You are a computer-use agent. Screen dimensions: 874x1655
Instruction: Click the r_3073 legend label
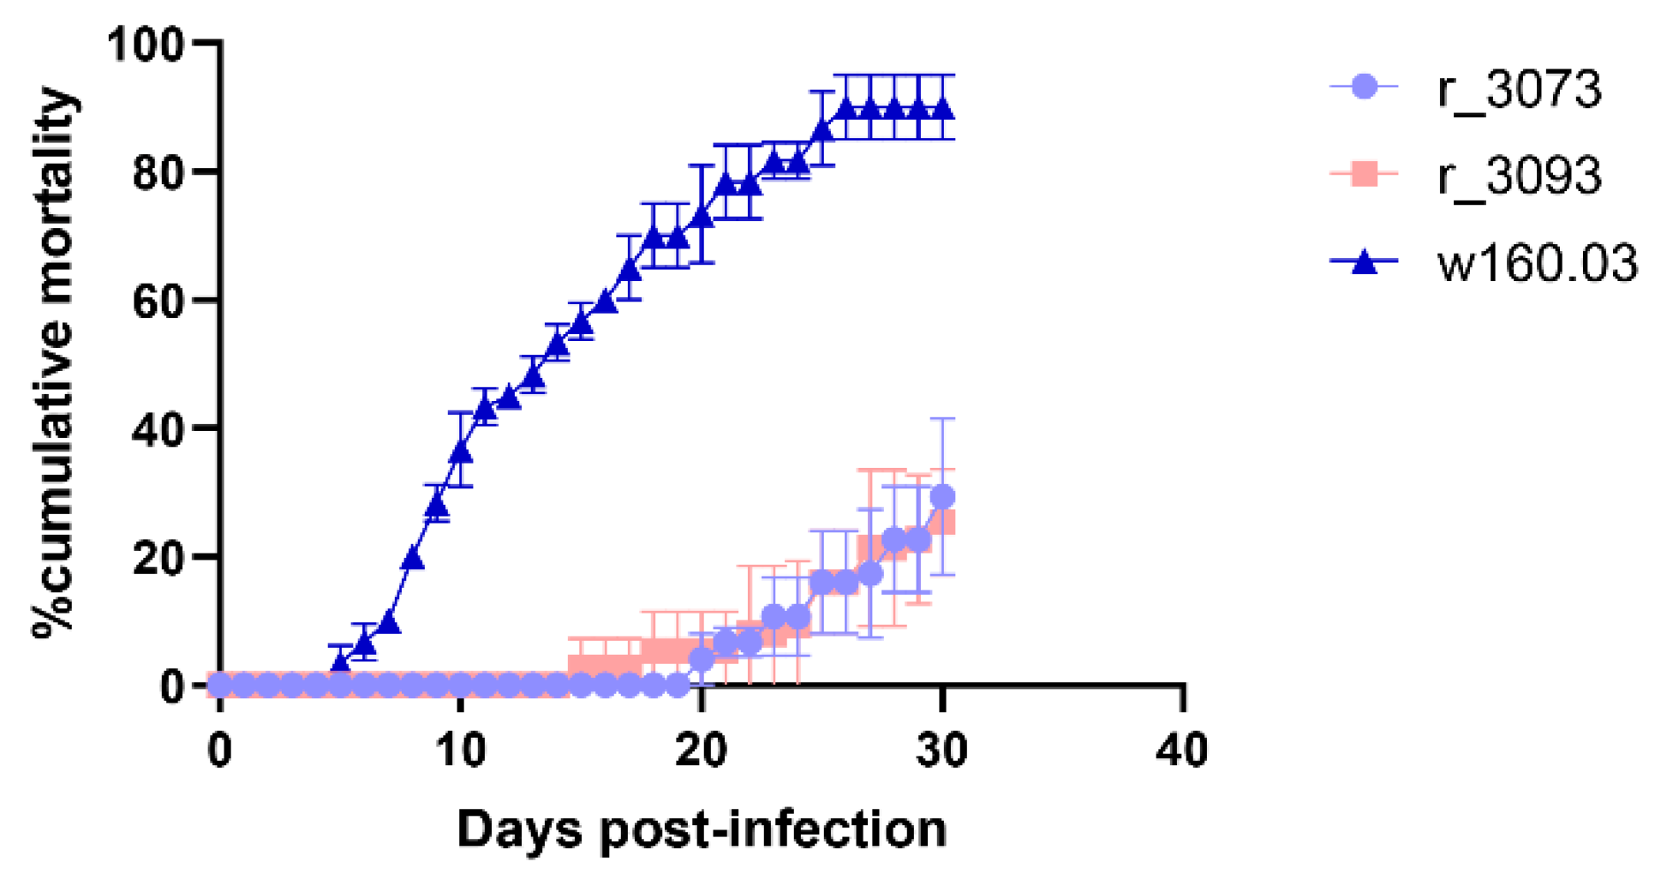click(x=1519, y=89)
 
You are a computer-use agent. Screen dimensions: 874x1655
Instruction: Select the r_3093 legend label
click(x=1519, y=176)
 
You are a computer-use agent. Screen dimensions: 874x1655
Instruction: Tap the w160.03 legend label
click(x=1537, y=262)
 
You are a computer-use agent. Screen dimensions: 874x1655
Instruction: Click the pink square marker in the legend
click(x=1364, y=174)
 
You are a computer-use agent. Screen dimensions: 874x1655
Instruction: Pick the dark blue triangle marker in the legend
click(x=1364, y=261)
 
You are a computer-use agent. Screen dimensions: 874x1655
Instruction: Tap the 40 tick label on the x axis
click(x=1182, y=751)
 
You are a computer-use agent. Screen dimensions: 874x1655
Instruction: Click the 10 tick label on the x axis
click(x=461, y=751)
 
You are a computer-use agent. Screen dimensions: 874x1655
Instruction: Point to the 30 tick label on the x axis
click(x=941, y=751)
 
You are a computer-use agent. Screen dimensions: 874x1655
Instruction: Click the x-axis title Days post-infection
click(x=702, y=829)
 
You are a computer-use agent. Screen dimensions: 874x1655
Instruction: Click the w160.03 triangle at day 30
click(x=943, y=110)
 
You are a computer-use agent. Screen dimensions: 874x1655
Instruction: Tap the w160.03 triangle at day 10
click(x=461, y=451)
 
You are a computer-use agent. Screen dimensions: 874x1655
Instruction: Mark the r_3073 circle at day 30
click(x=943, y=497)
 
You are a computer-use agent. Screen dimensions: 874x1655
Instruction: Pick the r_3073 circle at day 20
click(x=702, y=659)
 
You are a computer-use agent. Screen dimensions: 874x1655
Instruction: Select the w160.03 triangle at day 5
click(x=341, y=661)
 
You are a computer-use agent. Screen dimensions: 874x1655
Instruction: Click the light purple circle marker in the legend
click(x=1364, y=87)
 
